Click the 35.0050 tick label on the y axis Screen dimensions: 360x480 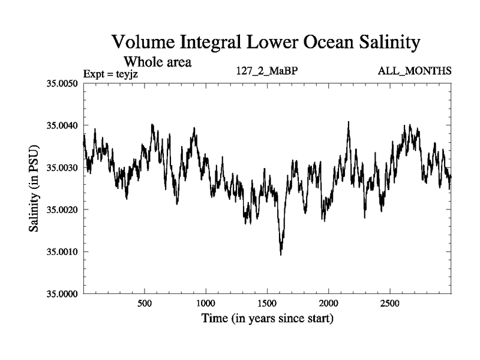coord(62,83)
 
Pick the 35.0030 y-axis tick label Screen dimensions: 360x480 coord(62,167)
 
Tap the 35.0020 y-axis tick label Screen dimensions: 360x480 coord(62,209)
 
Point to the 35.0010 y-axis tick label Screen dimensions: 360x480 coord(62,251)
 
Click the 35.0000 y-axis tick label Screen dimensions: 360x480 coord(62,294)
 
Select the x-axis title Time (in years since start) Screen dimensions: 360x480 coord(267,318)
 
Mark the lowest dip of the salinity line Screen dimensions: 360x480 coord(281,254)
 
